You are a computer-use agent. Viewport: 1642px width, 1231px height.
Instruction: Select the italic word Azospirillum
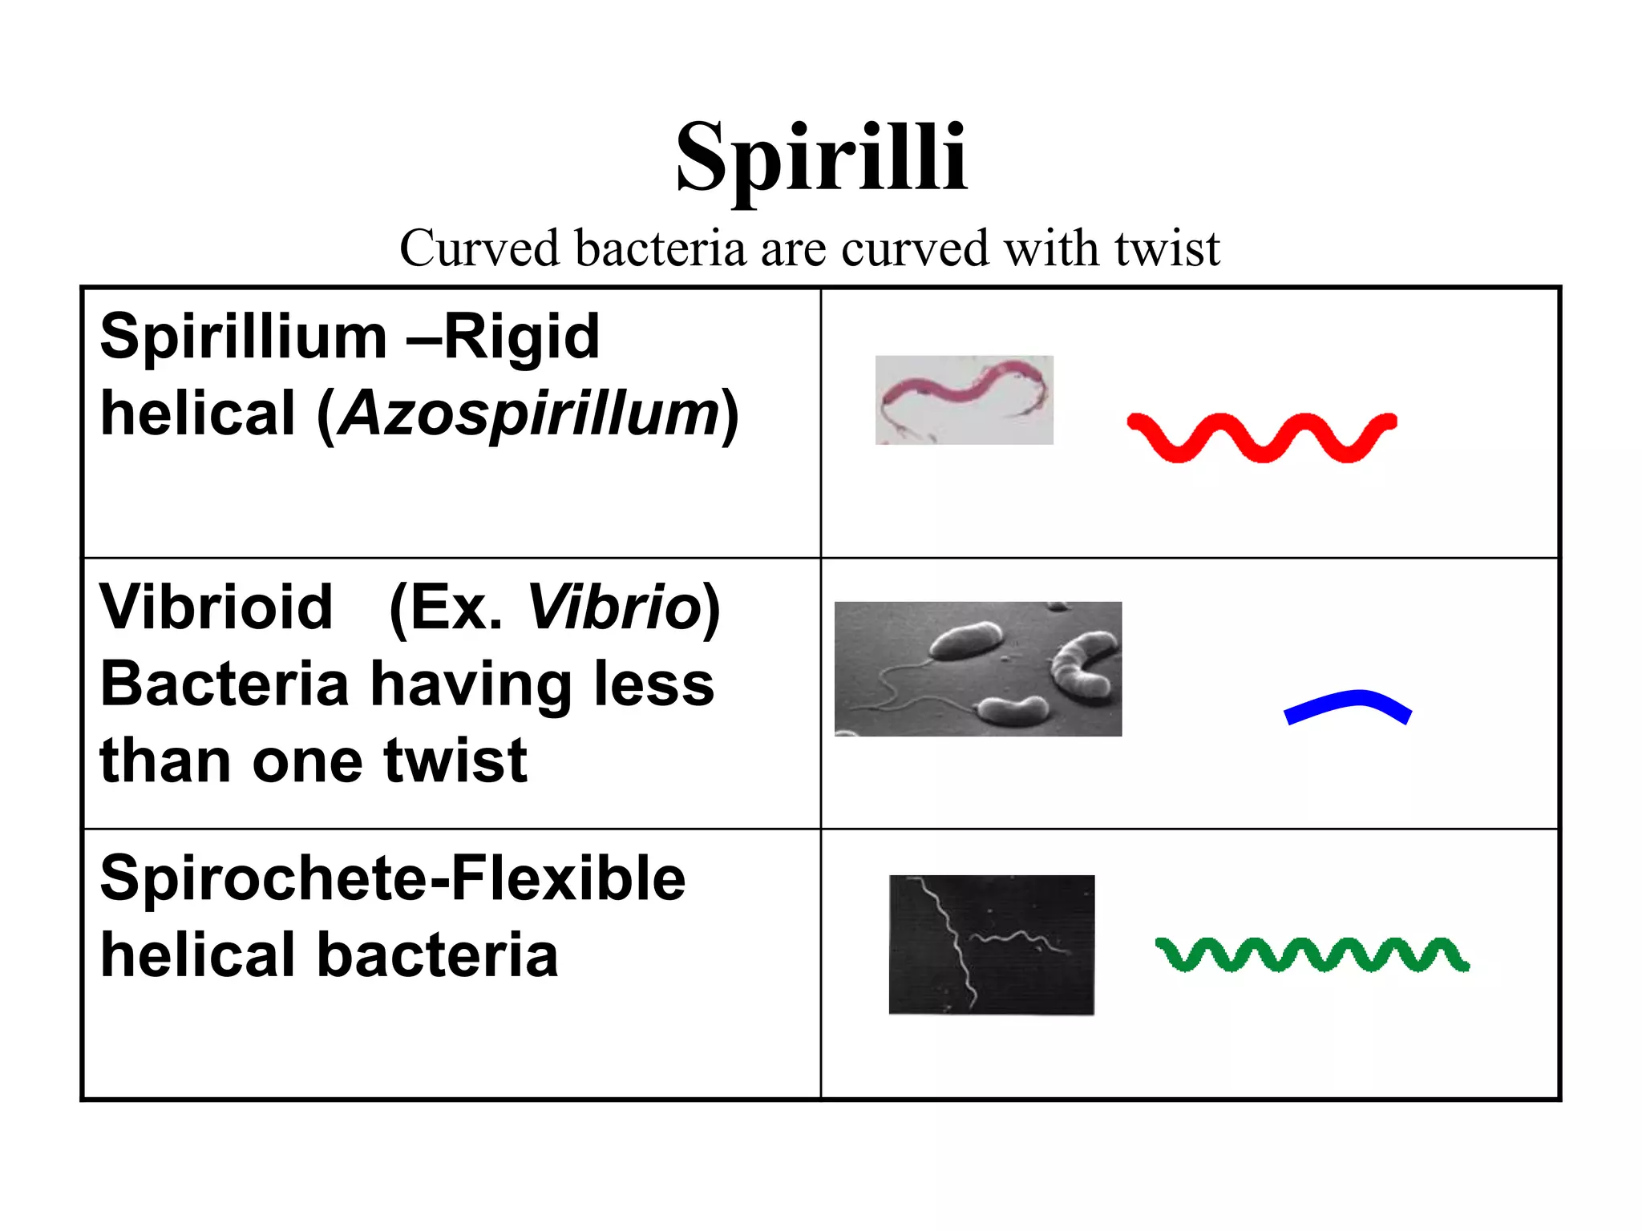tap(529, 414)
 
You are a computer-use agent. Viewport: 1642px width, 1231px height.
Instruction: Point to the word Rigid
tap(521, 337)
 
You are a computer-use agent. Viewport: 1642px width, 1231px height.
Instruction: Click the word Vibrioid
tap(216, 607)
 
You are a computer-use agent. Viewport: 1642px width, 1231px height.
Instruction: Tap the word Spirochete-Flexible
tap(393, 878)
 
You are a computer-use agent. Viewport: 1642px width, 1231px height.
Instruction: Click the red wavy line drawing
tap(1261, 437)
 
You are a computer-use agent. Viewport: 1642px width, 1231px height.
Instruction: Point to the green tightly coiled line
tap(1312, 955)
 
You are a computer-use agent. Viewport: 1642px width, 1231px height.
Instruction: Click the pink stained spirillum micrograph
tap(964, 400)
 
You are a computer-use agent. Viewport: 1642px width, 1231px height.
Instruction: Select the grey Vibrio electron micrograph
tap(977, 668)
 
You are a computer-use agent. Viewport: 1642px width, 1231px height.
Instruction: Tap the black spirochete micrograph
tap(991, 944)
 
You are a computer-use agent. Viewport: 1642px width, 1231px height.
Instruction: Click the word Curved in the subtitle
tap(479, 248)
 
